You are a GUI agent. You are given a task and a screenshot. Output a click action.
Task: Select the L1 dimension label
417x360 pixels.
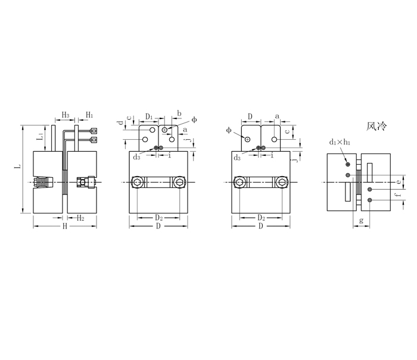(x=40, y=136)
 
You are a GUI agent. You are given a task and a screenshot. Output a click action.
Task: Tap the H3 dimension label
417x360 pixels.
(x=66, y=115)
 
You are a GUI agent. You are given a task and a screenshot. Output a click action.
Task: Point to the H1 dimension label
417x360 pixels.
(x=89, y=115)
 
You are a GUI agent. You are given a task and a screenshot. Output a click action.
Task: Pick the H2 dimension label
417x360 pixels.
(x=80, y=218)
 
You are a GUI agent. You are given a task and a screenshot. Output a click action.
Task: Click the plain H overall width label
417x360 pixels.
(x=64, y=226)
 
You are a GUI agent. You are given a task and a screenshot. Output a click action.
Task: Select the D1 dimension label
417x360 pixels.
(x=149, y=117)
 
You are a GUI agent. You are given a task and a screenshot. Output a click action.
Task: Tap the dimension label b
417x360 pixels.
(x=179, y=114)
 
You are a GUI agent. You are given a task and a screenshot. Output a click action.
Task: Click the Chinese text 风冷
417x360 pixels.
(x=376, y=126)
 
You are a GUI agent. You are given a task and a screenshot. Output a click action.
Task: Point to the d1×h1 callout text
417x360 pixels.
(x=340, y=142)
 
